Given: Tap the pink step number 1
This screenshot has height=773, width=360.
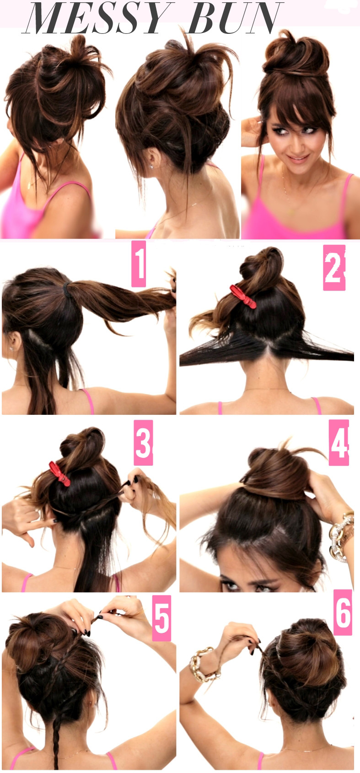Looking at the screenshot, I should [x=139, y=264].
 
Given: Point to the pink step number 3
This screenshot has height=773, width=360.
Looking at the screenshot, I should [x=143, y=442].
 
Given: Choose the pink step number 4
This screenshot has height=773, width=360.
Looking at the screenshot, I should [x=339, y=442].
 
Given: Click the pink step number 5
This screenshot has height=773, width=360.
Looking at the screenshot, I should [x=161, y=618].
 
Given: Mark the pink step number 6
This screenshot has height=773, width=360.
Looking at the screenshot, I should [x=343, y=612].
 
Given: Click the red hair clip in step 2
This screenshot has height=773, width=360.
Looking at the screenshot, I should [x=243, y=297].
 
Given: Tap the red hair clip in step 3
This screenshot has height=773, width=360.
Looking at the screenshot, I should [x=60, y=474].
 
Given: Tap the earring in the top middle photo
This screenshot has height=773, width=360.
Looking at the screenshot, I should [x=150, y=166].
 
